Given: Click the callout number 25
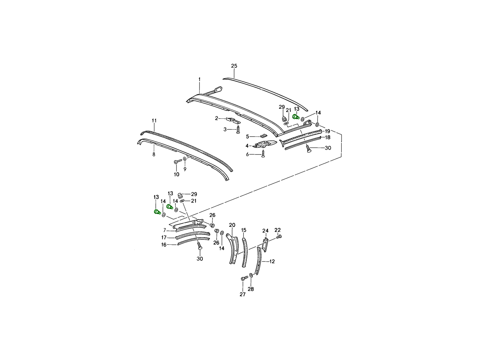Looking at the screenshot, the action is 234,66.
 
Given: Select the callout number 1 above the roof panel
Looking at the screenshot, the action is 200,79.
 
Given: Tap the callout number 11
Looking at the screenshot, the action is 154,121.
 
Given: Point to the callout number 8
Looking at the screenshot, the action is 154,154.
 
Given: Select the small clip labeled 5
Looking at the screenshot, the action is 263,136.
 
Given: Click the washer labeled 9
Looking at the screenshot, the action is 184,159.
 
